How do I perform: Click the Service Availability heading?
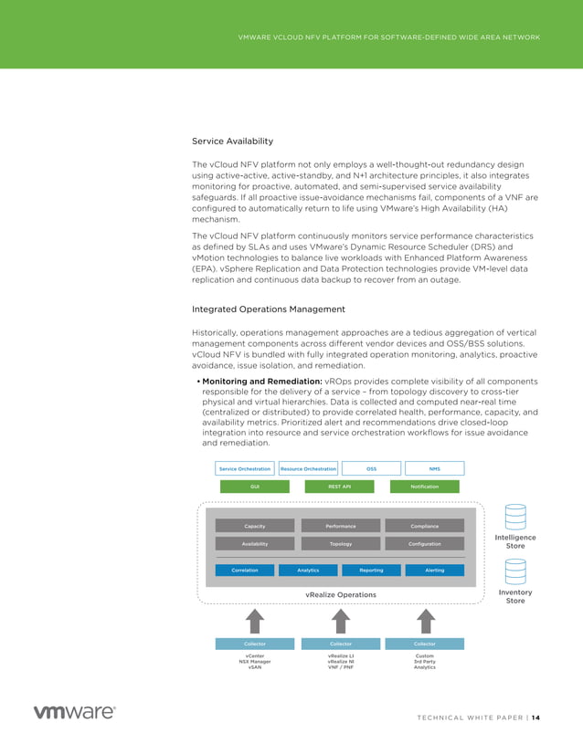(x=232, y=141)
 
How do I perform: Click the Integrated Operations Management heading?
(x=268, y=309)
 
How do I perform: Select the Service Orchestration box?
(x=245, y=468)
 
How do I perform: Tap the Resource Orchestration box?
(x=308, y=468)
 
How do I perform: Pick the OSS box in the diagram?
(x=371, y=468)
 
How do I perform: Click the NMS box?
(x=434, y=468)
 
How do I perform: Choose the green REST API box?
(x=340, y=487)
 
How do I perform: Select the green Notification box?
(x=425, y=487)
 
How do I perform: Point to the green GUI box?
(x=255, y=487)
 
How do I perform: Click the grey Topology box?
(x=340, y=543)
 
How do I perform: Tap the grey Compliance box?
(x=425, y=526)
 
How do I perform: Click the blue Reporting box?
(x=371, y=570)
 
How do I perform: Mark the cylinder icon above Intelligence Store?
(x=515, y=518)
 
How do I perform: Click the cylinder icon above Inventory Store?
(x=515, y=572)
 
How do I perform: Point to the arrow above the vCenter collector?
(x=255, y=621)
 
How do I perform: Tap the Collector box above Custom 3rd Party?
(x=425, y=644)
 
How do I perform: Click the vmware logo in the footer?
(x=74, y=713)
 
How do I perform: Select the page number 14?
(x=535, y=717)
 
